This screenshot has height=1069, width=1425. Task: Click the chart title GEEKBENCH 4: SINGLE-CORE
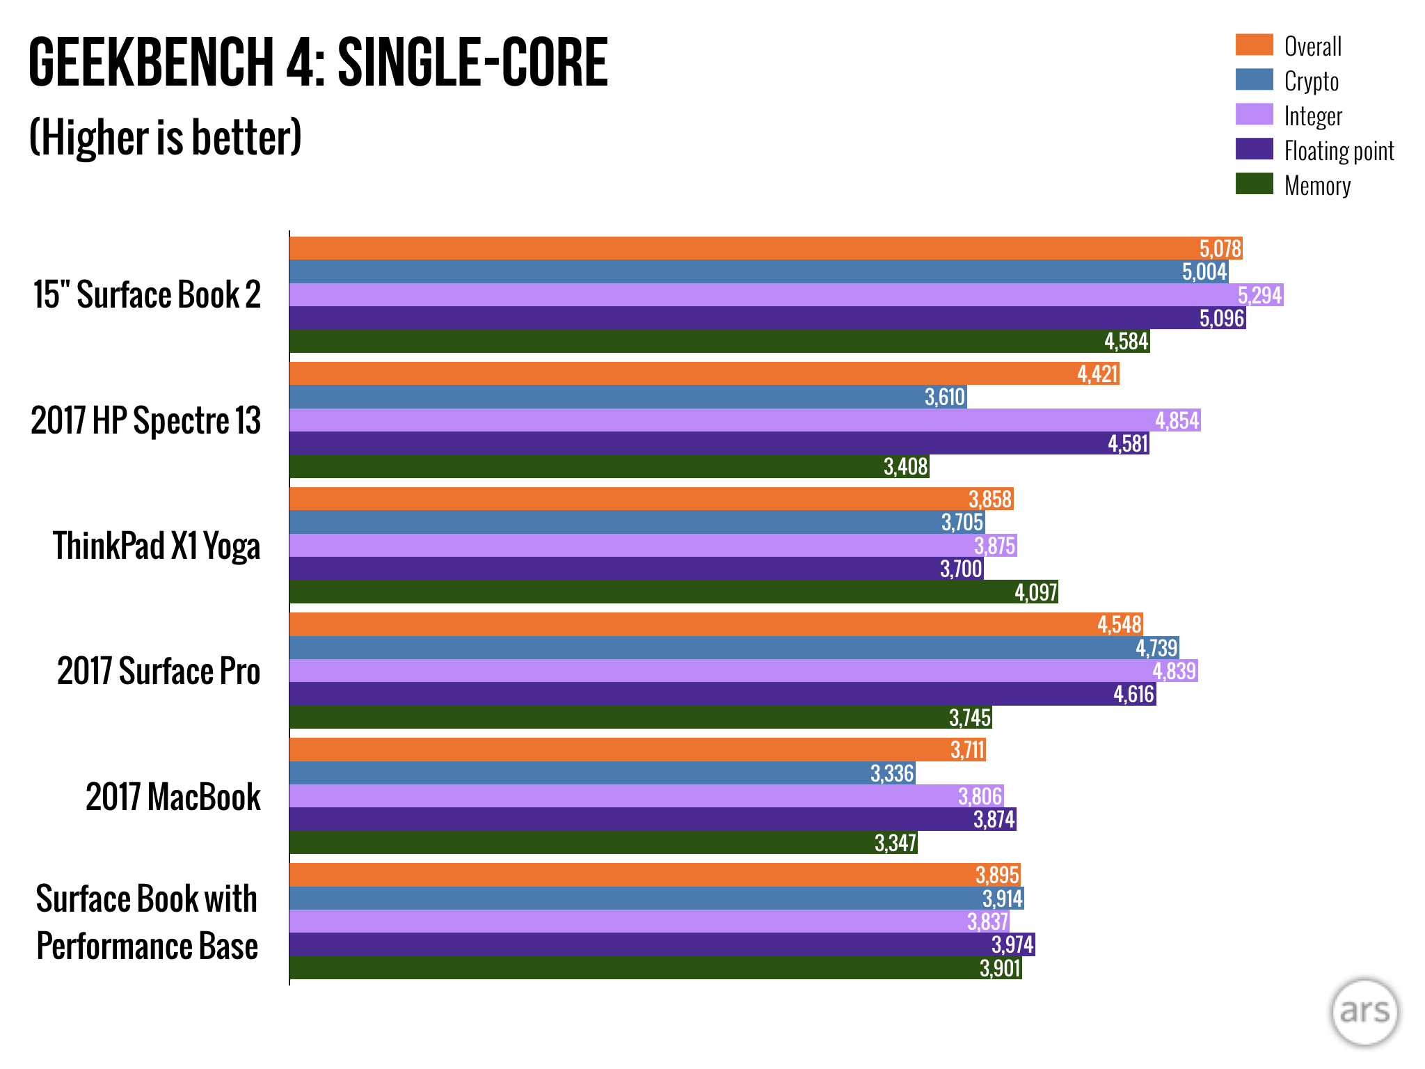click(318, 63)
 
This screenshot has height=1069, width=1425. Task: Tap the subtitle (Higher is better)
click(166, 137)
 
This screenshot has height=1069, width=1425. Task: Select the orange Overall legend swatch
click(1254, 45)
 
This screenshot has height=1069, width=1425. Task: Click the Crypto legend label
click(1311, 81)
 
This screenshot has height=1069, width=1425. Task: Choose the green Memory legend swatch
click(1254, 184)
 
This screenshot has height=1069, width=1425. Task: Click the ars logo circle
click(1364, 1012)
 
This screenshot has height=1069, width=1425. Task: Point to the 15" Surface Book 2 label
click(147, 294)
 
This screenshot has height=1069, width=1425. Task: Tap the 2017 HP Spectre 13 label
click(145, 420)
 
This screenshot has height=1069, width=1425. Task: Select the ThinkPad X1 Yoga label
click(157, 546)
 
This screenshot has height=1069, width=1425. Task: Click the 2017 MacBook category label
click(173, 796)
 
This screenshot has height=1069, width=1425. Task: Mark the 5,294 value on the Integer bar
click(1259, 295)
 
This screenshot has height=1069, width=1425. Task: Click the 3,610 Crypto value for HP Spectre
click(944, 397)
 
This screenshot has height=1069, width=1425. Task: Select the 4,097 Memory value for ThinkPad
click(1035, 592)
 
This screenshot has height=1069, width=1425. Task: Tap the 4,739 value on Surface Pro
click(1156, 648)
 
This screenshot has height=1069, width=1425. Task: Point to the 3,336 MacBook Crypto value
click(892, 773)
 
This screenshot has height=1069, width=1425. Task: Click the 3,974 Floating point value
click(1012, 944)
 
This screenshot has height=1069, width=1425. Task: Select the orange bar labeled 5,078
click(696, 248)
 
